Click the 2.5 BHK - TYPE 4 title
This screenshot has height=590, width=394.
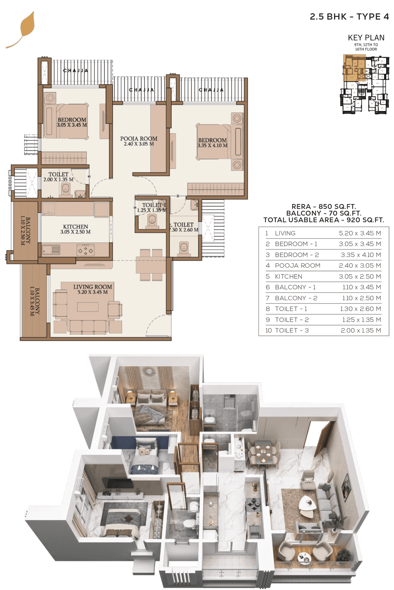[x=349, y=17]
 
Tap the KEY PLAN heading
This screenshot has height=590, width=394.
[x=366, y=38]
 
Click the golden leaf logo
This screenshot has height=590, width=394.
[x=25, y=29]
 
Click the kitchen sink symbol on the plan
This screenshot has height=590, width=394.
[x=51, y=250]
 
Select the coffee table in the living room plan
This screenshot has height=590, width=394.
[x=88, y=307]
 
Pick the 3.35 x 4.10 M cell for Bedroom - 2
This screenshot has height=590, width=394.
[x=360, y=255]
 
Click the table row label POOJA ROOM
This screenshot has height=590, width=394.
[x=297, y=265]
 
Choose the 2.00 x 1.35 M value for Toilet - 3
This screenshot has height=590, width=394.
[x=360, y=330]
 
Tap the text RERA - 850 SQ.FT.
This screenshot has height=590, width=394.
[x=324, y=206]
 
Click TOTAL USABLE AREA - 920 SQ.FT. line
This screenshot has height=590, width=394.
[x=324, y=220]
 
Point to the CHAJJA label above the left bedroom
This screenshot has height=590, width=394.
[x=75, y=71]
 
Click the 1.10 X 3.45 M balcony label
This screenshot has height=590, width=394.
[x=35, y=301]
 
